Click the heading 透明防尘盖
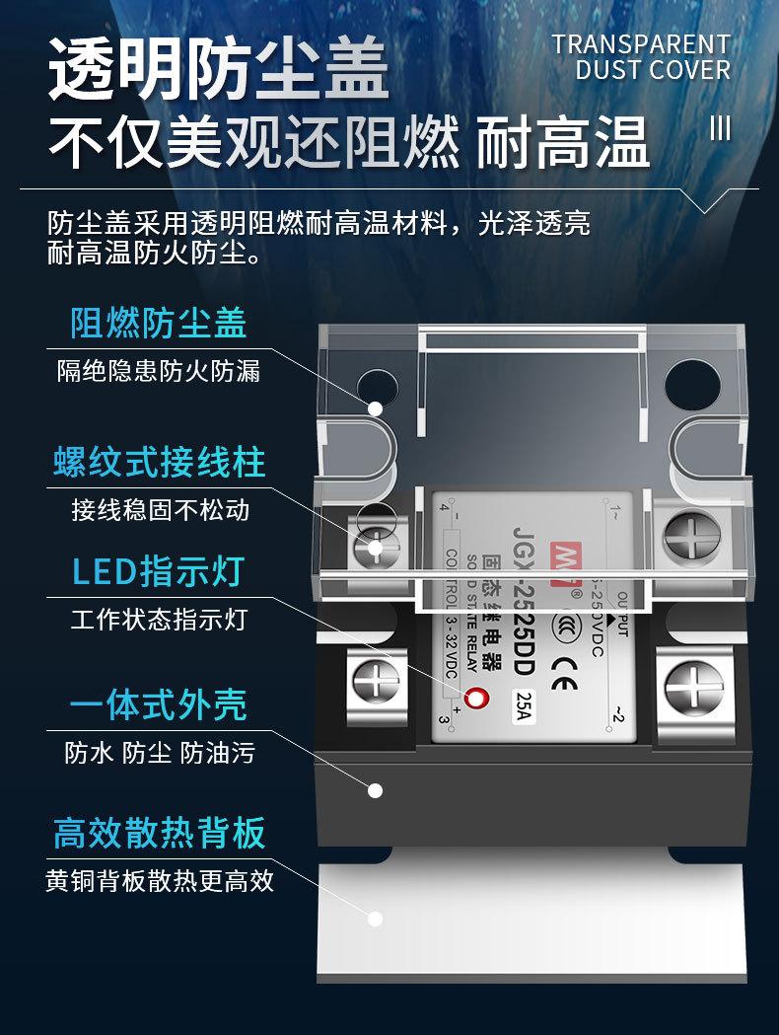click(x=219, y=71)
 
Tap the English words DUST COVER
click(x=653, y=70)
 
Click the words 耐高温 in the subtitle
click(x=563, y=143)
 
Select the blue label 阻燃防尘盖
click(x=158, y=323)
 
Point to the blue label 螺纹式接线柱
click(x=160, y=461)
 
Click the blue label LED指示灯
click(x=158, y=571)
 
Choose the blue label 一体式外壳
click(x=158, y=705)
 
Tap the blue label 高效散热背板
click(x=160, y=833)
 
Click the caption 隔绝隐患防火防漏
click(x=159, y=371)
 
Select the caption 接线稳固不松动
click(x=160, y=509)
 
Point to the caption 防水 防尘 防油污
click(x=160, y=753)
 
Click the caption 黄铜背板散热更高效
click(x=160, y=880)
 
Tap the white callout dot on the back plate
click(x=375, y=919)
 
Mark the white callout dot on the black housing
click(x=375, y=789)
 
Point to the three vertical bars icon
click(x=721, y=129)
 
